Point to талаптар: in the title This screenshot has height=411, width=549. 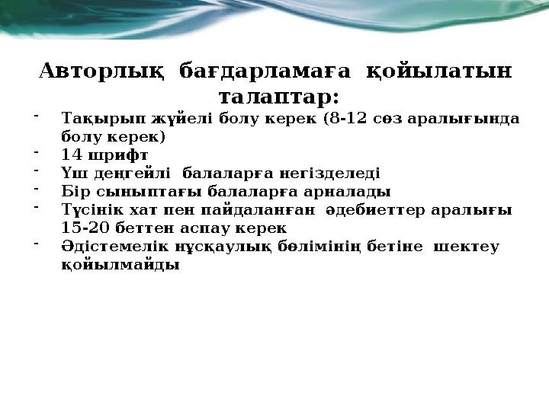pyautogui.click(x=278, y=98)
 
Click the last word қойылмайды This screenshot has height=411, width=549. pyautogui.click(x=120, y=265)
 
